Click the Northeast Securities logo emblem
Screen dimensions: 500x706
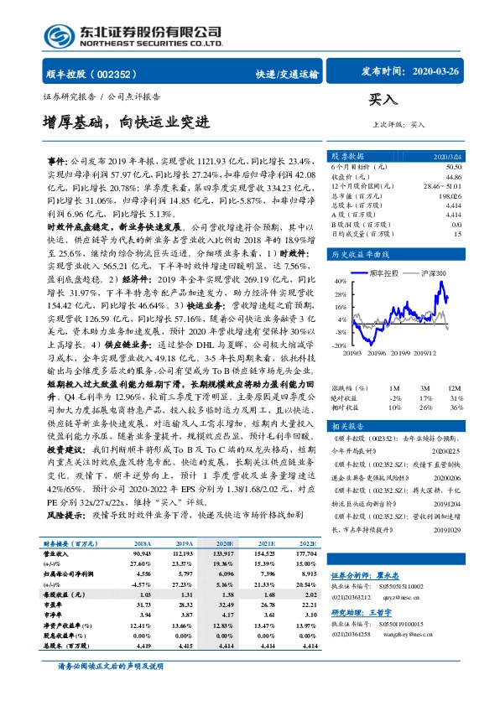click(x=59, y=36)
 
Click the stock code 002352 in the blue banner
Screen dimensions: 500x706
click(x=117, y=74)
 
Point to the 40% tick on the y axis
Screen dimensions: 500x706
click(x=341, y=282)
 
